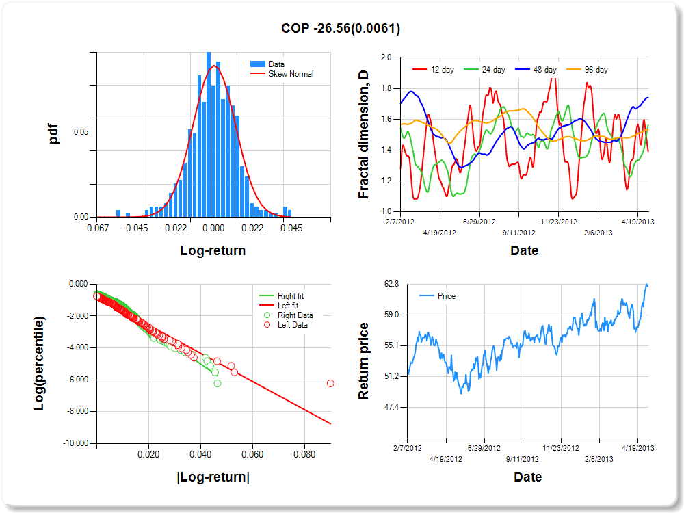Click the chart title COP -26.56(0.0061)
pos(341,29)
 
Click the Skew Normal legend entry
pos(291,74)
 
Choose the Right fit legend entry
pos(291,296)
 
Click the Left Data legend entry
pos(292,325)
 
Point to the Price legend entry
pos(446,296)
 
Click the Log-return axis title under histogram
pos(213,251)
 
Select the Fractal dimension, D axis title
pos(363,134)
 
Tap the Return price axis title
pos(363,360)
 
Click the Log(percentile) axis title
pos(40,363)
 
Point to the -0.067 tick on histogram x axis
pos(97,228)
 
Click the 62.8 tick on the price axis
pos(391,284)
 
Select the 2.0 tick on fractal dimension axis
pos(386,57)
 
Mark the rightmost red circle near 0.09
pos(330,384)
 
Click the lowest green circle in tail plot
pos(218,384)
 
